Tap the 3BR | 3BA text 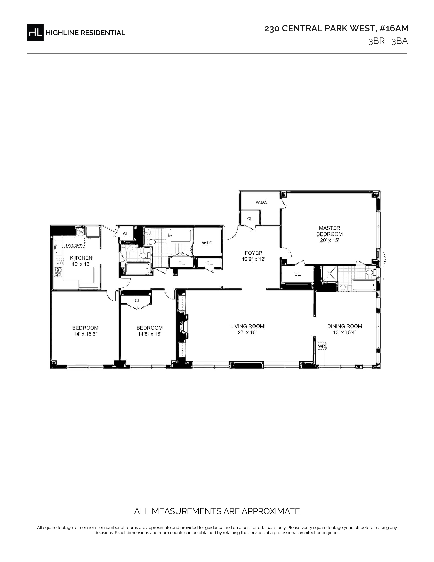point(388,41)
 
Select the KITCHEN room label point(81,258)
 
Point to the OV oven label point(81,232)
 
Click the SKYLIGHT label point(73,245)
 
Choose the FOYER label point(254,253)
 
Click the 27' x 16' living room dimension point(247,332)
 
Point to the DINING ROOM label point(344,326)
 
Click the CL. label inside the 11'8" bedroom point(138,301)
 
